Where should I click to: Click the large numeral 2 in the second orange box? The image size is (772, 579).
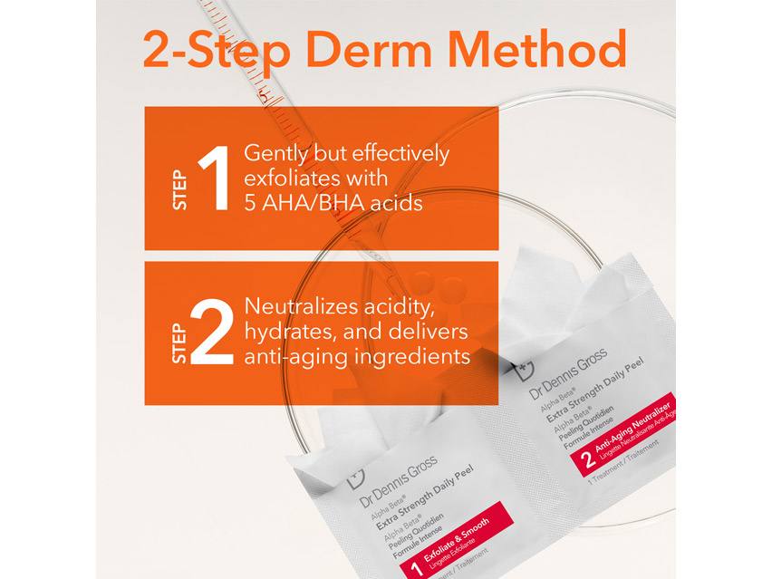click(x=215, y=333)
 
